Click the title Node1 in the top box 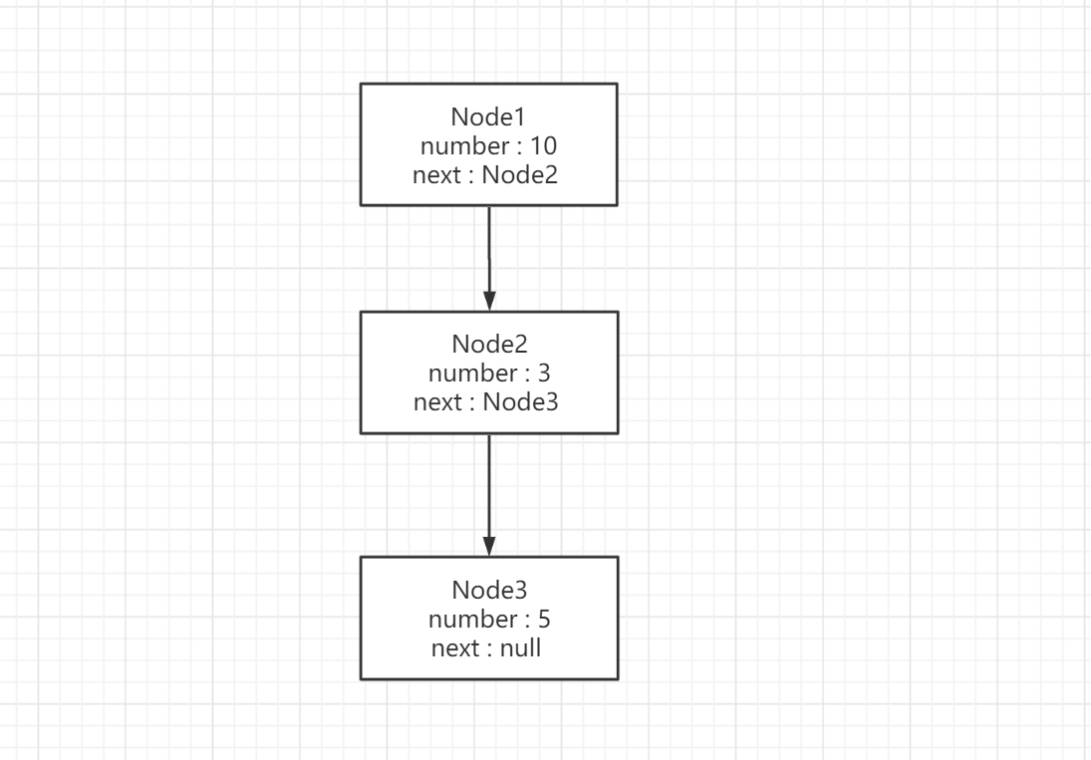(488, 117)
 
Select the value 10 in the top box (543, 146)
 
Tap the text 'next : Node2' (485, 174)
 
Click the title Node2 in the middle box (489, 344)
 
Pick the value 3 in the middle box (544, 374)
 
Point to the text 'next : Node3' (485, 401)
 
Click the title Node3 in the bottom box (489, 590)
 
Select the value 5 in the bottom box (544, 619)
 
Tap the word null (520, 648)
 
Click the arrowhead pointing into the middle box (489, 302)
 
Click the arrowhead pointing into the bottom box (489, 547)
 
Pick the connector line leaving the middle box (489, 495)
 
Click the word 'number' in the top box (464, 146)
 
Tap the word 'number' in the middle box (472, 374)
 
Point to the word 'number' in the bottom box (472, 619)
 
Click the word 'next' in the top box (436, 175)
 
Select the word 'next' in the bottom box (455, 648)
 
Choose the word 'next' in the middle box (437, 402)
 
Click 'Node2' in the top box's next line (520, 174)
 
